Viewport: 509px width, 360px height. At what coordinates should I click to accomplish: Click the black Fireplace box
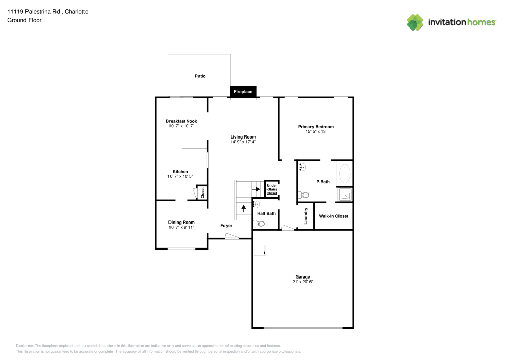click(x=243, y=92)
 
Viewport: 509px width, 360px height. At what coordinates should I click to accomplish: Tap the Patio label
click(x=200, y=76)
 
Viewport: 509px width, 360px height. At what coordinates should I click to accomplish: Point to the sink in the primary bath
click(x=301, y=167)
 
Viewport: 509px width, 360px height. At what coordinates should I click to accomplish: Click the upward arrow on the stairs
click(x=243, y=207)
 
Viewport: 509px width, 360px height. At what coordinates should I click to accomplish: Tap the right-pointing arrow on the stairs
click(x=256, y=189)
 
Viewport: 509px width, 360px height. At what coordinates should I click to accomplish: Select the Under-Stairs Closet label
click(x=272, y=189)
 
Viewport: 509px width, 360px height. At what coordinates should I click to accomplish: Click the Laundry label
click(x=306, y=216)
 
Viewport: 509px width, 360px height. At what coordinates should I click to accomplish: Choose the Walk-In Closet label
click(x=333, y=216)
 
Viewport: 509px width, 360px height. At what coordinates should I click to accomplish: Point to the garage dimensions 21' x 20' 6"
click(x=303, y=282)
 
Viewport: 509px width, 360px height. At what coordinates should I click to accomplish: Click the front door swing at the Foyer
click(x=232, y=236)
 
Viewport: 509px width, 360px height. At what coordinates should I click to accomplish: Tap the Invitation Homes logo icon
click(x=415, y=22)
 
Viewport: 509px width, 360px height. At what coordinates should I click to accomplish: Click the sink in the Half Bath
click(x=257, y=204)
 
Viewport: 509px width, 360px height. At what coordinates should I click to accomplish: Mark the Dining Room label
click(x=182, y=222)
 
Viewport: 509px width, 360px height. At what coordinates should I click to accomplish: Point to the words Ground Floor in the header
click(x=24, y=20)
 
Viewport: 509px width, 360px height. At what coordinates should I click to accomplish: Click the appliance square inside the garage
click(x=260, y=250)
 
